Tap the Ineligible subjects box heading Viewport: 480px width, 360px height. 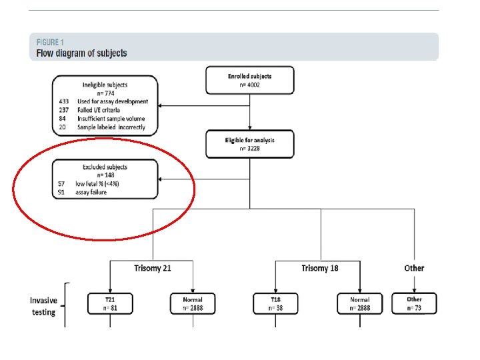click(105, 85)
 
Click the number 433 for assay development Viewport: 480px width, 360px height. click(64, 102)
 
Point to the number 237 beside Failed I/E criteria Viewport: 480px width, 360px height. click(64, 110)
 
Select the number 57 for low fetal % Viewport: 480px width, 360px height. click(62, 184)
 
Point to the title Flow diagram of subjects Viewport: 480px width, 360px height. click(81, 53)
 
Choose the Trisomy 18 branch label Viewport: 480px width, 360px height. click(319, 268)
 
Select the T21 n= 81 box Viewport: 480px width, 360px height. click(109, 304)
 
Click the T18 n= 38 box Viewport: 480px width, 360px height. click(275, 304)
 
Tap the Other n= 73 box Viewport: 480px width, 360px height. click(414, 304)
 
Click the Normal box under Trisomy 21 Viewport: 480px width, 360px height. click(193, 304)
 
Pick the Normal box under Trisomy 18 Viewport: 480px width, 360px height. click(359, 304)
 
